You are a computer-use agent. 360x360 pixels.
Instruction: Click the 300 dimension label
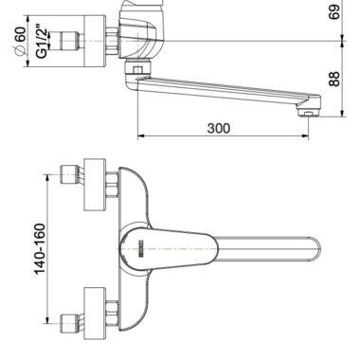click(x=219, y=128)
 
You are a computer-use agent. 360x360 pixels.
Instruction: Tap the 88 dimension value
click(x=334, y=79)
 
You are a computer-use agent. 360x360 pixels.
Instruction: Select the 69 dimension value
click(x=334, y=11)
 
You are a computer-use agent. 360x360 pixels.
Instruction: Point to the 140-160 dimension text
click(x=40, y=249)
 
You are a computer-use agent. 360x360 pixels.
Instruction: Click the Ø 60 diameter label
click(x=21, y=42)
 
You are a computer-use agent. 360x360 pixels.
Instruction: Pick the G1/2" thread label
click(x=42, y=41)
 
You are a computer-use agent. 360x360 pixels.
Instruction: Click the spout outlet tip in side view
click(x=308, y=112)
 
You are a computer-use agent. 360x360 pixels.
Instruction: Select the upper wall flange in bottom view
click(x=95, y=185)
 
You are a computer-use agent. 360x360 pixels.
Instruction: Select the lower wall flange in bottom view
click(x=95, y=314)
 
